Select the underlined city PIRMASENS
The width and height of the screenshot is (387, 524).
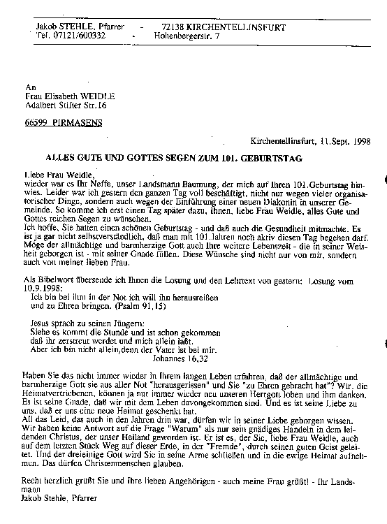pos(84,122)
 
